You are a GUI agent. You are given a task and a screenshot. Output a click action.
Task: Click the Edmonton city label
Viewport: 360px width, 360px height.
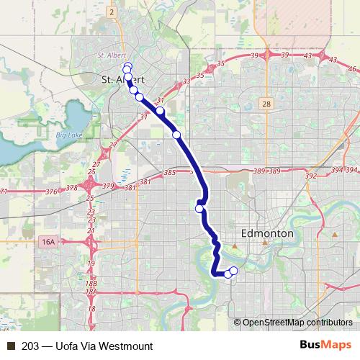(266, 234)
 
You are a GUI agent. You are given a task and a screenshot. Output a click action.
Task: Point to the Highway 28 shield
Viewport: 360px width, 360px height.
(266, 104)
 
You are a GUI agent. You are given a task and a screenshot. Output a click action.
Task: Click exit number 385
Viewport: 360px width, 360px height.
(170, 173)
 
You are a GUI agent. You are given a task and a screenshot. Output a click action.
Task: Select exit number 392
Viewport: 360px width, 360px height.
(311, 176)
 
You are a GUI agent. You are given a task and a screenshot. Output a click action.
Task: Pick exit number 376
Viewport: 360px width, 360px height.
(51, 192)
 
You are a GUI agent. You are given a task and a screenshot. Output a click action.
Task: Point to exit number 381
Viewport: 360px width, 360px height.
(130, 188)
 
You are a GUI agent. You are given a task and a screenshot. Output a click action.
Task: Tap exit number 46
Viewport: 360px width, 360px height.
(352, 69)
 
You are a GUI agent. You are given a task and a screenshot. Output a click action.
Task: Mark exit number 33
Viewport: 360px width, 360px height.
(186, 81)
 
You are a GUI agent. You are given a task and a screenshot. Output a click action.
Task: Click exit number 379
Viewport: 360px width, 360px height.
(108, 186)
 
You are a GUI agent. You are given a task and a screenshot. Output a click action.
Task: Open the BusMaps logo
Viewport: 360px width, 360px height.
(321, 346)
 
